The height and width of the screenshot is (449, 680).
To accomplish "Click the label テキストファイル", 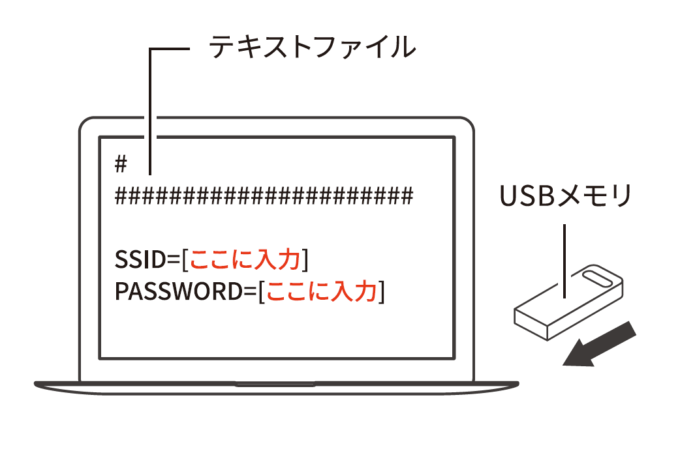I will tap(312, 48).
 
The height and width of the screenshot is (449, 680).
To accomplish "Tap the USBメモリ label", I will tap(565, 196).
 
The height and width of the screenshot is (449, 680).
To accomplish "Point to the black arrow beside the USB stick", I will tap(599, 345).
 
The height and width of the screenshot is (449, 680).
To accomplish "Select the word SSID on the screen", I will tap(141, 260).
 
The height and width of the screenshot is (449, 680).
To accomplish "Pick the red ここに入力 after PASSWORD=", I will tap(322, 291).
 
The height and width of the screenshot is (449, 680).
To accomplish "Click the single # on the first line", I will tap(120, 164).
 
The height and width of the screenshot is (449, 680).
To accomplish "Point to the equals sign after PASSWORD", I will tap(250, 292).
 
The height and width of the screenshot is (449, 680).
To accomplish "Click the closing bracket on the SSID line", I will tap(304, 261).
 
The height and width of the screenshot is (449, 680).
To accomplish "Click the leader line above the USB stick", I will tap(563, 261).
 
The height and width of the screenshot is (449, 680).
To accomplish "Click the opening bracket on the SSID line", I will tap(185, 261).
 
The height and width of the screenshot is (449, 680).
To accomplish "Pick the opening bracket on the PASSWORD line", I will tap(262, 292).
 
